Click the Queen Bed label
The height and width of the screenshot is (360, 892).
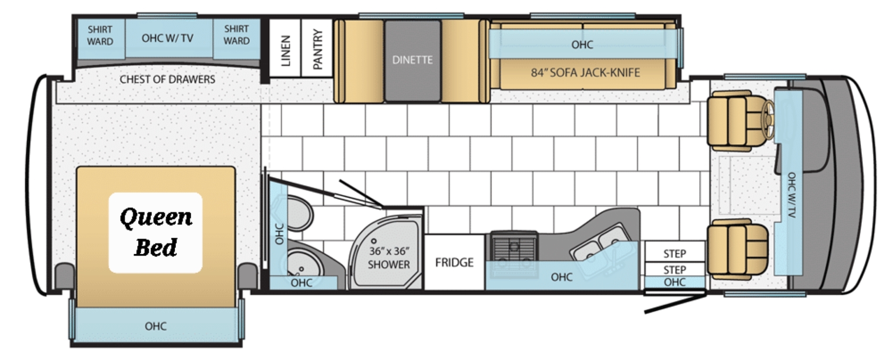click(x=155, y=232)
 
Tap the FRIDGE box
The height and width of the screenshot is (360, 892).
click(x=454, y=262)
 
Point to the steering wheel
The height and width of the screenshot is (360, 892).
click(x=768, y=115)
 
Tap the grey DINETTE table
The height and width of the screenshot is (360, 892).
click(x=412, y=60)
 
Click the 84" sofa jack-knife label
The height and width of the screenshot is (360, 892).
click(x=585, y=72)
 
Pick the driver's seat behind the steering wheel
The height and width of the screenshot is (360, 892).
click(x=736, y=121)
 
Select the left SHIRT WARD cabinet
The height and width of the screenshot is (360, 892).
click(x=100, y=37)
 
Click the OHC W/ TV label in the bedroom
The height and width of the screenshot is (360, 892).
click(x=167, y=38)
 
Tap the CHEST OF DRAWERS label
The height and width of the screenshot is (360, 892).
click(x=167, y=79)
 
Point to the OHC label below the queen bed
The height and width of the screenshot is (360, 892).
click(x=155, y=326)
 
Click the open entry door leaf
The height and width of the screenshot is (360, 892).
click(x=675, y=304)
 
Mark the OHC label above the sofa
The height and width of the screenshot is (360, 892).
click(x=582, y=44)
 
